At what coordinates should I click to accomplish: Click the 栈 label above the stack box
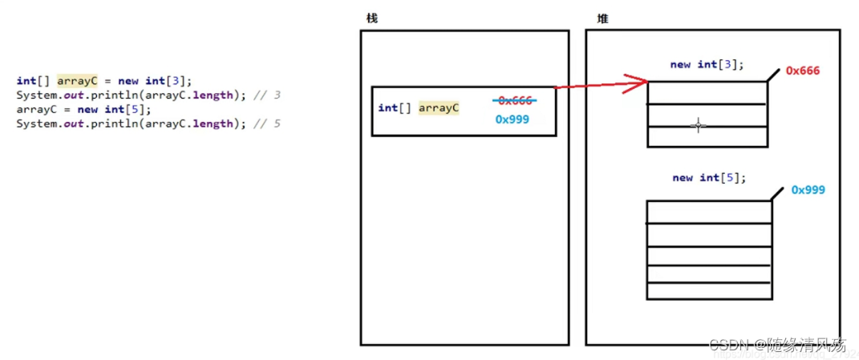point(371,18)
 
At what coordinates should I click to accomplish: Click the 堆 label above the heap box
point(602,18)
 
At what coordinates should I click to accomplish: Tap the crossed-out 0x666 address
point(514,100)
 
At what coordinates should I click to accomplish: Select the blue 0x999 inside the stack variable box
point(512,119)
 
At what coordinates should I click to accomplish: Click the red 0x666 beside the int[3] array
point(802,71)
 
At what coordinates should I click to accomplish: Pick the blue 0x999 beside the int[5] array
point(808,190)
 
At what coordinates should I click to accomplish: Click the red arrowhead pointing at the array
point(639,81)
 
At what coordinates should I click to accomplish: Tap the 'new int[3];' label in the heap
point(707,64)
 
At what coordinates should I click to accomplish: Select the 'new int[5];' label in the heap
point(709,177)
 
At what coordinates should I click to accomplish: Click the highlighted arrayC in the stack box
point(439,107)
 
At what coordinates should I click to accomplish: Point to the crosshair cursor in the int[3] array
point(698,125)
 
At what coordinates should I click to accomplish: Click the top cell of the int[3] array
point(706,92)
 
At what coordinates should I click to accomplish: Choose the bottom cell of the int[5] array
point(708,290)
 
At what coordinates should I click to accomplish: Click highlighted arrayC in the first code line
point(76,81)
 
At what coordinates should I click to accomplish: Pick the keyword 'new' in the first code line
point(128,81)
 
